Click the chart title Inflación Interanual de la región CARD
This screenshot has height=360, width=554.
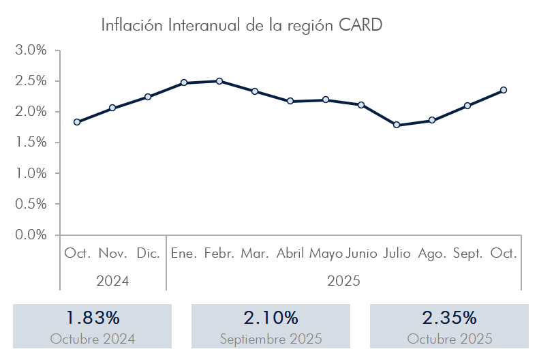coord(242,25)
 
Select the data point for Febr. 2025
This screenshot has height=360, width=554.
coord(219,81)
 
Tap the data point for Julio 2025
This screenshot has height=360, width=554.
coord(397,125)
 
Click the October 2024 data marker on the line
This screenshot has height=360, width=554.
coord(77,122)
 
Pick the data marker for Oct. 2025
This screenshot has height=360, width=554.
coord(504,90)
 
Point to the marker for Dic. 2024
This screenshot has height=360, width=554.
coord(148,97)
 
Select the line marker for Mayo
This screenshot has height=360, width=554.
coord(326,100)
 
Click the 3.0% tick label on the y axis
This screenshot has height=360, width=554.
coord(31,50)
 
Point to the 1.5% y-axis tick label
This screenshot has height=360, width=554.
coord(31,142)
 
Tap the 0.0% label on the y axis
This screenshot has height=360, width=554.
coord(31,235)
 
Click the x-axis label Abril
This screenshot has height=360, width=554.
coord(290,254)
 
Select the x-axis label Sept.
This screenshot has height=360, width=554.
coord(467,254)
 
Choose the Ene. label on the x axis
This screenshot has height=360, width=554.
coord(184,254)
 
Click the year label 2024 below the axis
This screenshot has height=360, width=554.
coord(112,280)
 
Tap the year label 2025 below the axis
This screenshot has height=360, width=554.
coord(343,280)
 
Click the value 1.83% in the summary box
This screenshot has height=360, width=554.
coord(93,318)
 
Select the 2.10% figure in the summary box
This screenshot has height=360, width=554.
coord(271,318)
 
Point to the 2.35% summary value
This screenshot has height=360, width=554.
coord(449,318)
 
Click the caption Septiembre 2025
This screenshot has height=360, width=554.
coord(271,339)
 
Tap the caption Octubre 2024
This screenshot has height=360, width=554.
coord(93,339)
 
